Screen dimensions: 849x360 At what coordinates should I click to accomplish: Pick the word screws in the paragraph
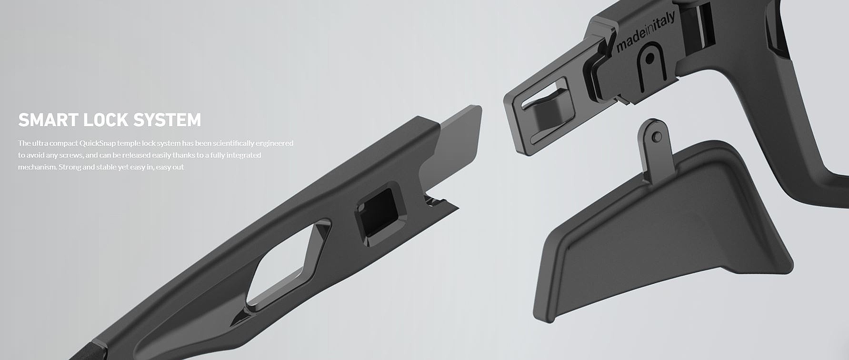click(71, 155)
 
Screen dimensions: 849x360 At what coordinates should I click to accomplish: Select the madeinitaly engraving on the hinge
click(645, 32)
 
